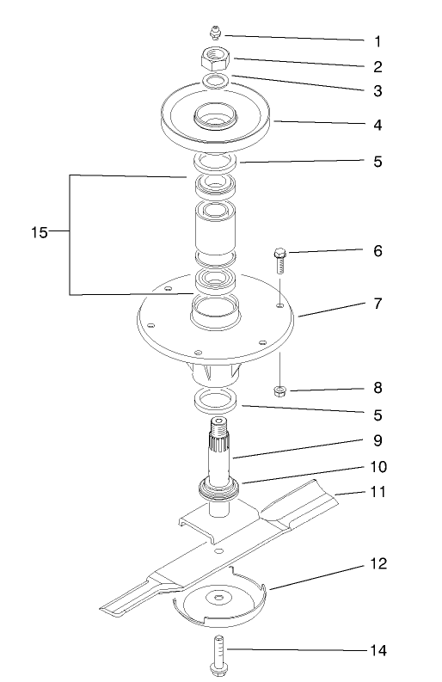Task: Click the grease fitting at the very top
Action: pyautogui.click(x=215, y=33)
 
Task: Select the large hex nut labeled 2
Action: pyautogui.click(x=215, y=59)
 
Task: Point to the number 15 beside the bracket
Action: pyautogui.click(x=39, y=232)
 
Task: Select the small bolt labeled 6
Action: pyautogui.click(x=279, y=258)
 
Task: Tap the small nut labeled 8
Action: pyautogui.click(x=280, y=392)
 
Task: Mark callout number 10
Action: pyautogui.click(x=378, y=468)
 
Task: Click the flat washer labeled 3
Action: pyautogui.click(x=215, y=81)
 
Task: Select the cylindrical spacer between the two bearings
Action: pyautogui.click(x=217, y=231)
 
